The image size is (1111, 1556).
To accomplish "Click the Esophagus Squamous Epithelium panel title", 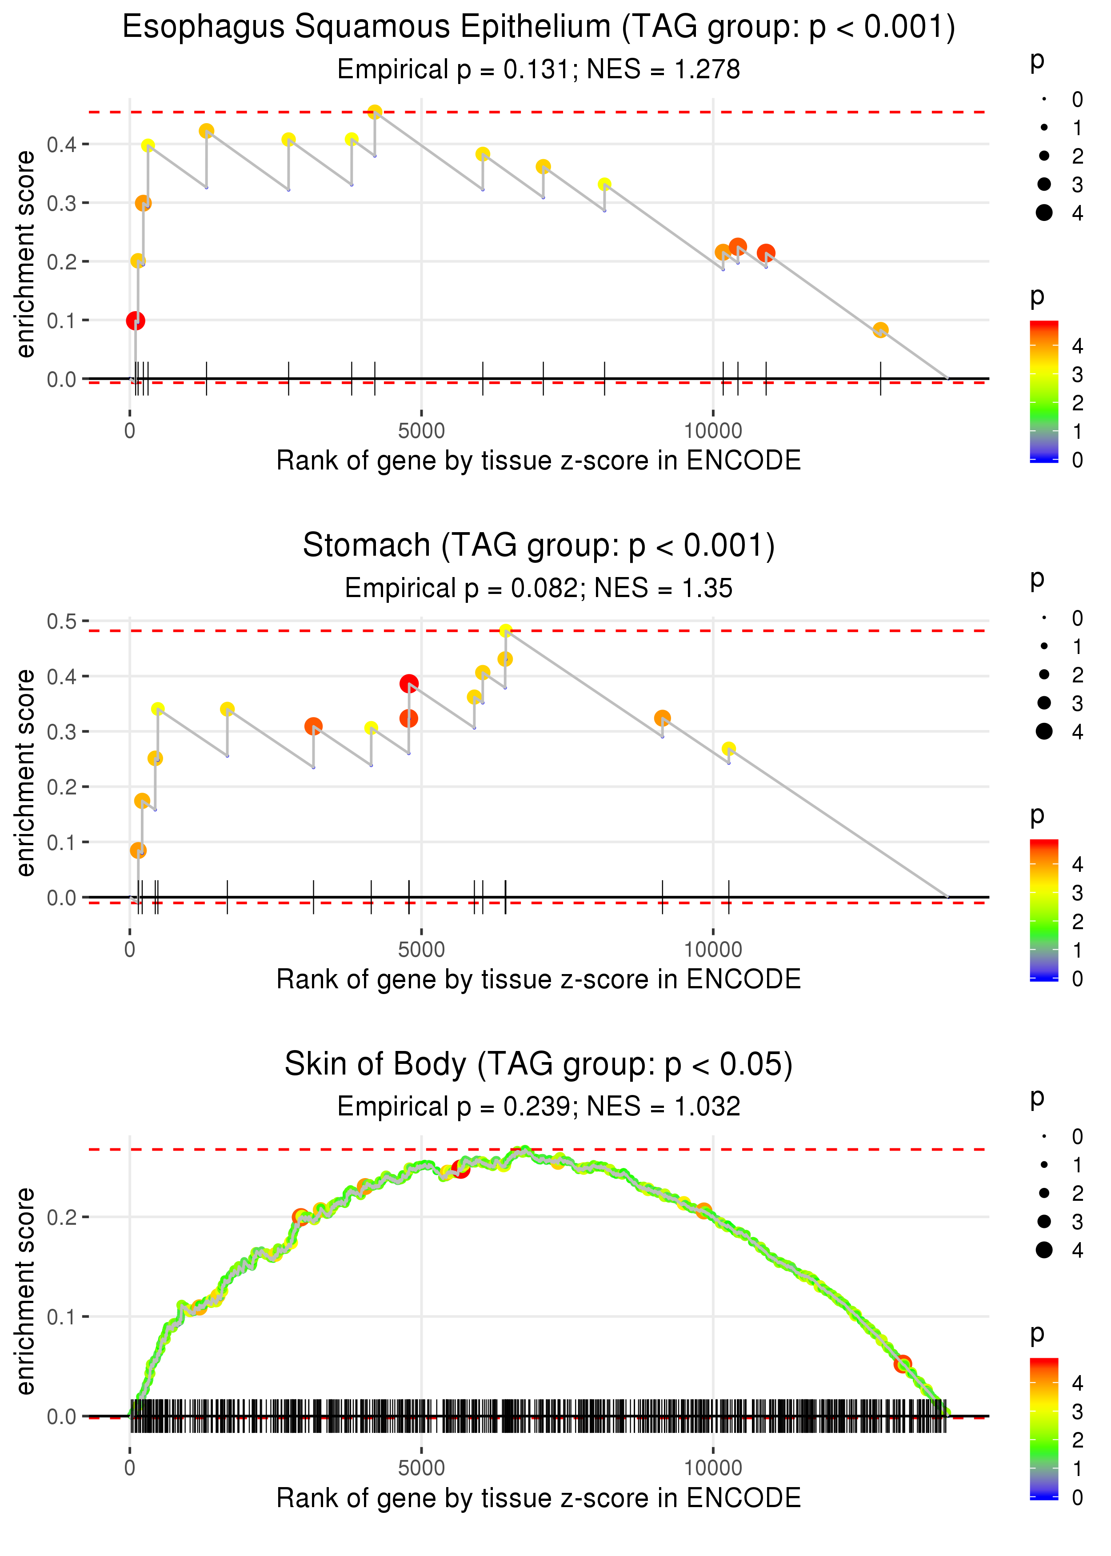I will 539,28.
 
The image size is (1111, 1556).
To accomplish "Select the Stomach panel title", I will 539,545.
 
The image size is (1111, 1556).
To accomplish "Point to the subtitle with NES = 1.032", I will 539,1107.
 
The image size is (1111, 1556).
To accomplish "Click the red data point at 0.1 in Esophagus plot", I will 136,320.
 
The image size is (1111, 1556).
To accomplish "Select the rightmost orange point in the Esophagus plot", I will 880,330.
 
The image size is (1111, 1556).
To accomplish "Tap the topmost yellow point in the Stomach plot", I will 506,630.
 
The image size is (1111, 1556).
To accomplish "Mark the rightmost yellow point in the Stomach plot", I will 728,749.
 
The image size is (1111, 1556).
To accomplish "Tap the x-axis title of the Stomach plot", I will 539,979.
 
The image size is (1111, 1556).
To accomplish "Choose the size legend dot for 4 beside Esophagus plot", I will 1044,213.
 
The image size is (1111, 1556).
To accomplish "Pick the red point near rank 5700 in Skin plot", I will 460,1169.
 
